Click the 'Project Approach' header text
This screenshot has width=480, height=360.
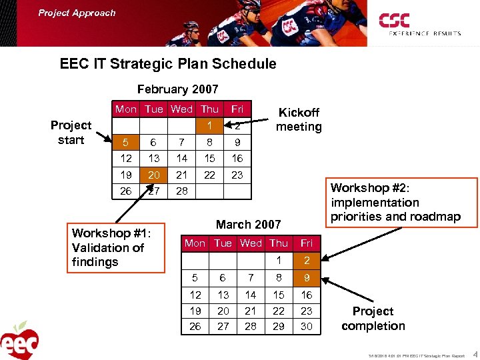click(77, 13)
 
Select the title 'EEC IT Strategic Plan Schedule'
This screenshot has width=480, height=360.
click(167, 64)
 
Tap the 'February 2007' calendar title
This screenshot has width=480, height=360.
click(177, 89)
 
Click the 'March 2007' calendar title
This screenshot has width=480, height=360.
click(247, 225)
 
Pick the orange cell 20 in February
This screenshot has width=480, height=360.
click(154, 175)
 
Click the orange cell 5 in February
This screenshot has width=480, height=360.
click(126, 143)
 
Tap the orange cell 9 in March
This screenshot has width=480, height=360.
click(306, 277)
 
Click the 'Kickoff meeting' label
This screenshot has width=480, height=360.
click(299, 119)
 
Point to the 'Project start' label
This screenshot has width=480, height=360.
click(71, 132)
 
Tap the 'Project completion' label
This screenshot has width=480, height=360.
click(373, 319)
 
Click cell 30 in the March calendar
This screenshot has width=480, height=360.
click(306, 326)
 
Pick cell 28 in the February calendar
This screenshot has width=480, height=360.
click(181, 191)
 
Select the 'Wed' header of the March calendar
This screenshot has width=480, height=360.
click(251, 243)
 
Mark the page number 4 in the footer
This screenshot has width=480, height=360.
click(474, 354)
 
